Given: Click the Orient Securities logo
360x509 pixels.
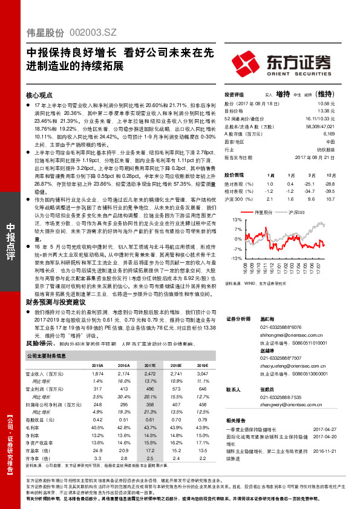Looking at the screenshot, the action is [x=296, y=62].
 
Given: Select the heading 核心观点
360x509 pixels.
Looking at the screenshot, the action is [x=39, y=96].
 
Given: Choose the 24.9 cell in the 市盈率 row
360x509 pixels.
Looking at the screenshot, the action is [x=98, y=450].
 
